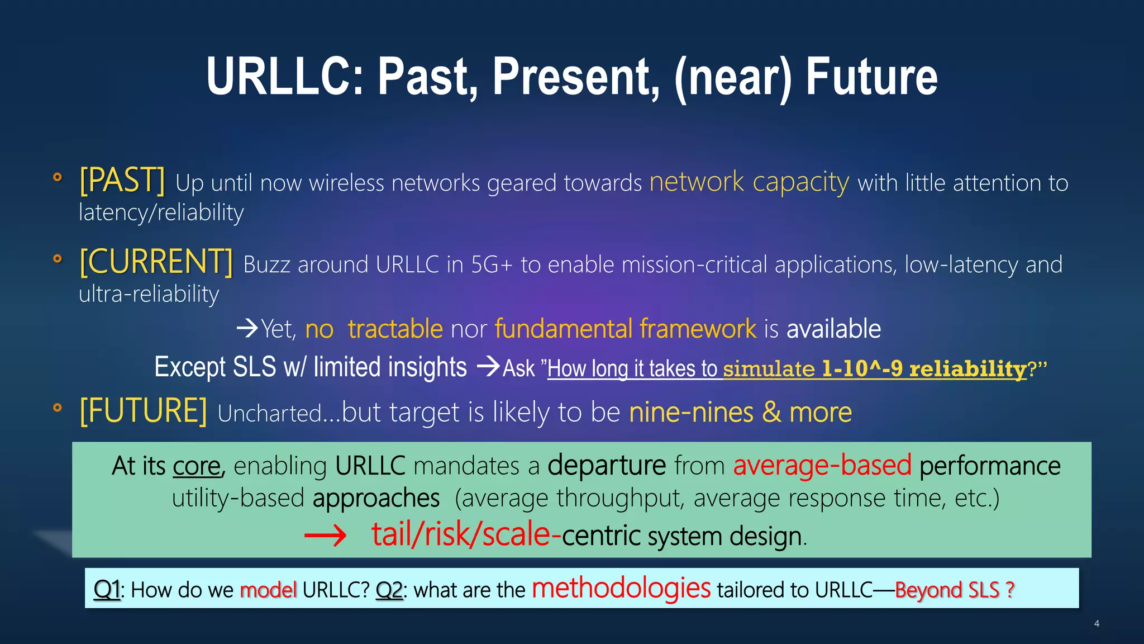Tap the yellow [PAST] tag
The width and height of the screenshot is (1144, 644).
click(x=122, y=181)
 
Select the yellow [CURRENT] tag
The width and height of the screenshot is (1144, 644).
click(x=156, y=262)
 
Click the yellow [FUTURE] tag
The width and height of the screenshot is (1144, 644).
click(x=143, y=411)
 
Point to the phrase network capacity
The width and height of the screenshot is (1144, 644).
click(x=749, y=182)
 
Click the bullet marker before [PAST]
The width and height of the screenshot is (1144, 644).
click(x=57, y=177)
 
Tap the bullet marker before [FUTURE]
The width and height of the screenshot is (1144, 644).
click(x=57, y=407)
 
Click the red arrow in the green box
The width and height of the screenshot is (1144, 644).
click(x=325, y=537)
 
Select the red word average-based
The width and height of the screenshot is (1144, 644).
click(x=822, y=465)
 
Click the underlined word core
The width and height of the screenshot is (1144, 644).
click(x=197, y=466)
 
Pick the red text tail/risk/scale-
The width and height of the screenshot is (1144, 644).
click(x=466, y=534)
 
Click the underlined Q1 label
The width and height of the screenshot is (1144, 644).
click(x=107, y=590)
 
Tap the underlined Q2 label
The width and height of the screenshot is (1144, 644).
click(x=389, y=590)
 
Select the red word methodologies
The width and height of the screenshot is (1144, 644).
click(x=621, y=588)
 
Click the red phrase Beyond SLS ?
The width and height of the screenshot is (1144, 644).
click(x=954, y=590)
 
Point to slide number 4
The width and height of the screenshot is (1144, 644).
click(x=1097, y=623)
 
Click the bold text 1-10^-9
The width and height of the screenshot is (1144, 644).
click(x=862, y=368)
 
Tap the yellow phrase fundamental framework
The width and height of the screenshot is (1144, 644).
click(x=625, y=329)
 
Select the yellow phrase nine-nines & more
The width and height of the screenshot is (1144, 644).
click(x=740, y=413)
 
